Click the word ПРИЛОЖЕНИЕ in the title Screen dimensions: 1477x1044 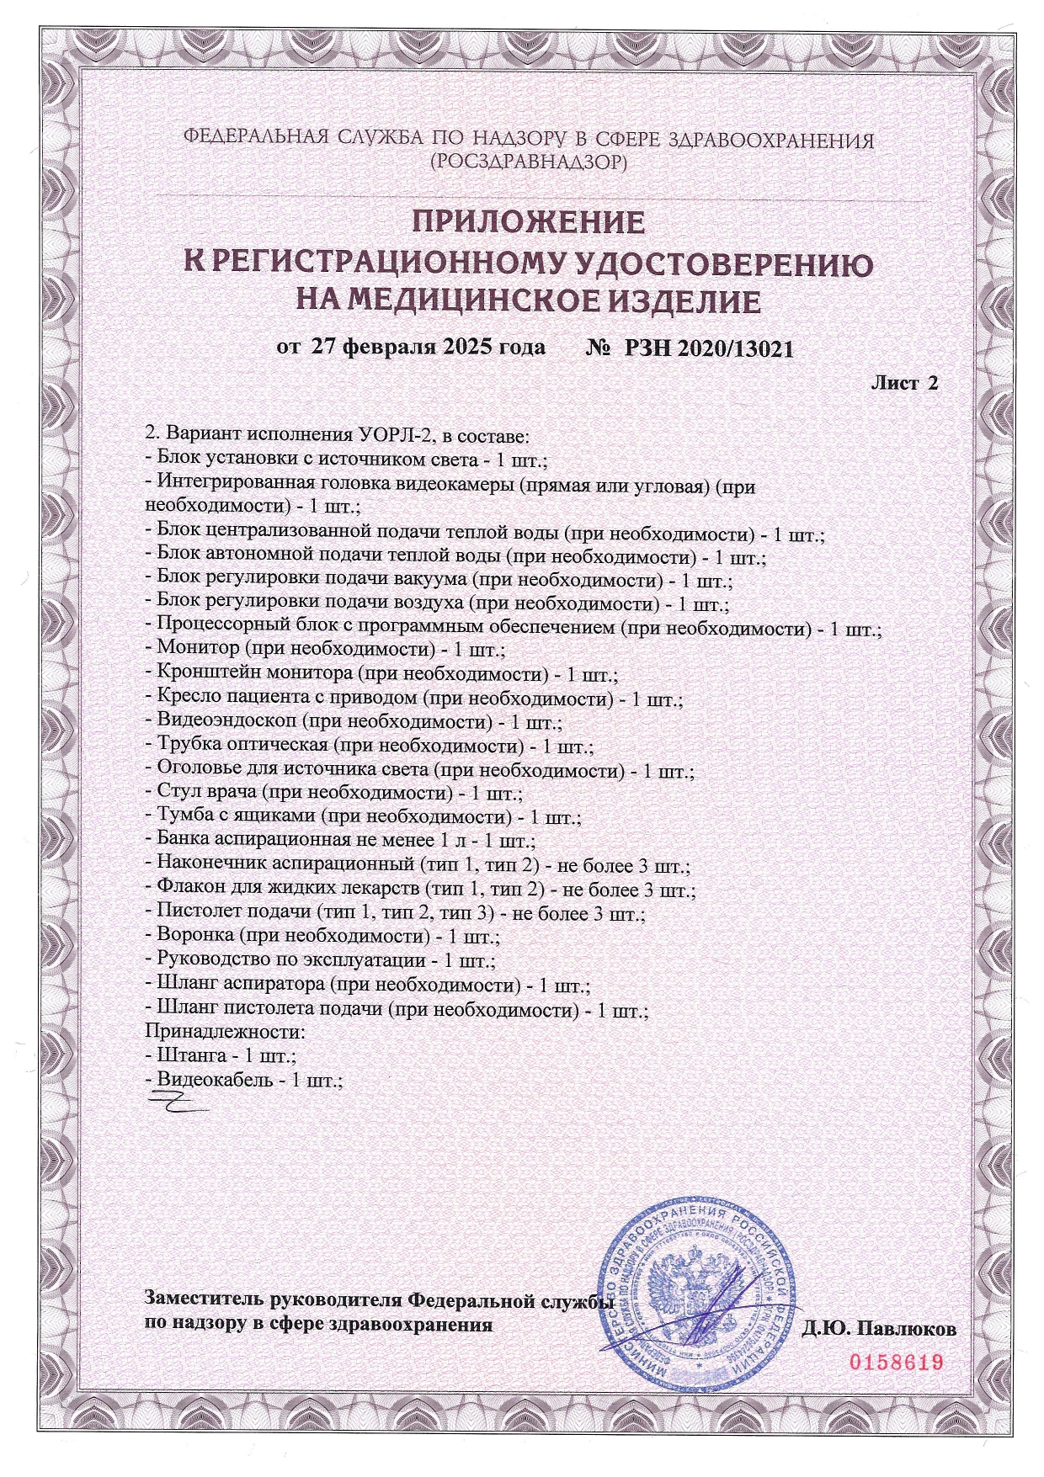tap(528, 223)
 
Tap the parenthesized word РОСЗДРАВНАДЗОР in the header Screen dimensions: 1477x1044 tap(528, 162)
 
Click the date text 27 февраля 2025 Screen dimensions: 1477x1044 tap(405, 347)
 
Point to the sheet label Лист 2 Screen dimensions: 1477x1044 tap(903, 383)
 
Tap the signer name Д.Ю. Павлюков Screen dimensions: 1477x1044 tap(879, 1330)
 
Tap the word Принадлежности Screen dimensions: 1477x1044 tap(224, 1031)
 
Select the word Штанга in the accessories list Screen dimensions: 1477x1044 tap(192, 1055)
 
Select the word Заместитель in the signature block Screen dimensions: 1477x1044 tap(205, 1300)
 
